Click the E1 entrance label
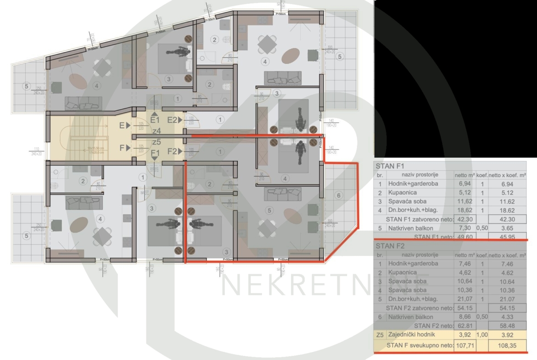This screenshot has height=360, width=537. click(155, 120)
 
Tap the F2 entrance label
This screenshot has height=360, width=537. click(172, 151)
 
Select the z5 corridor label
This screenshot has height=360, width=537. click(156, 142)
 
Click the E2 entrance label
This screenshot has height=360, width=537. click(172, 120)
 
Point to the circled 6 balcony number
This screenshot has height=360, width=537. click(339, 196)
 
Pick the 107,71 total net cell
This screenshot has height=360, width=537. click(465, 345)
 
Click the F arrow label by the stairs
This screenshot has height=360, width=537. click(123, 148)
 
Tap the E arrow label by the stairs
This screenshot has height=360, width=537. click(123, 124)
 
